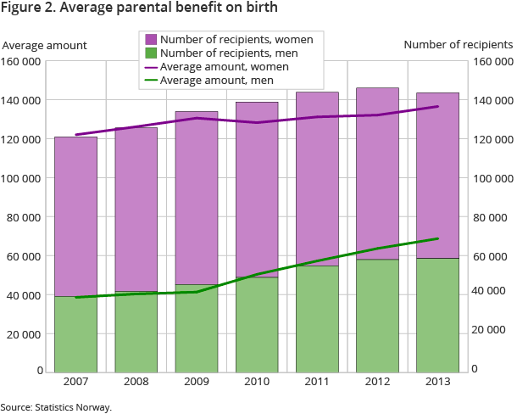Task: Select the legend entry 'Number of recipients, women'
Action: (236, 39)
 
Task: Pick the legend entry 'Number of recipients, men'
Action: (229, 53)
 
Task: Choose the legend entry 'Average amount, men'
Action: (216, 80)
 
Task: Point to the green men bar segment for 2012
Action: (377, 315)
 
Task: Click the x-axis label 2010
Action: (257, 382)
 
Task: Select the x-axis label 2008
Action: (136, 382)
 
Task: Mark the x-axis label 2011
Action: (317, 382)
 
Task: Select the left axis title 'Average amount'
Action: (44, 45)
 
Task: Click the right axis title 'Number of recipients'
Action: (459, 45)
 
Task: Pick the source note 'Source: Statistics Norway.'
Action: (56, 407)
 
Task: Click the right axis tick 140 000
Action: (487, 100)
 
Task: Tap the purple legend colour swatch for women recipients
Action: (151, 39)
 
